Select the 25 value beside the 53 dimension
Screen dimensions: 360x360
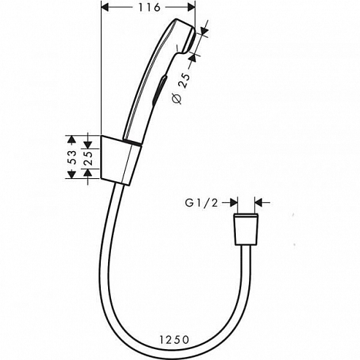click(x=88, y=156)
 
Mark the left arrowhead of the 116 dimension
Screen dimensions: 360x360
click(x=103, y=7)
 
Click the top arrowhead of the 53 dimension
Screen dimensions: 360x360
click(x=72, y=138)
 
